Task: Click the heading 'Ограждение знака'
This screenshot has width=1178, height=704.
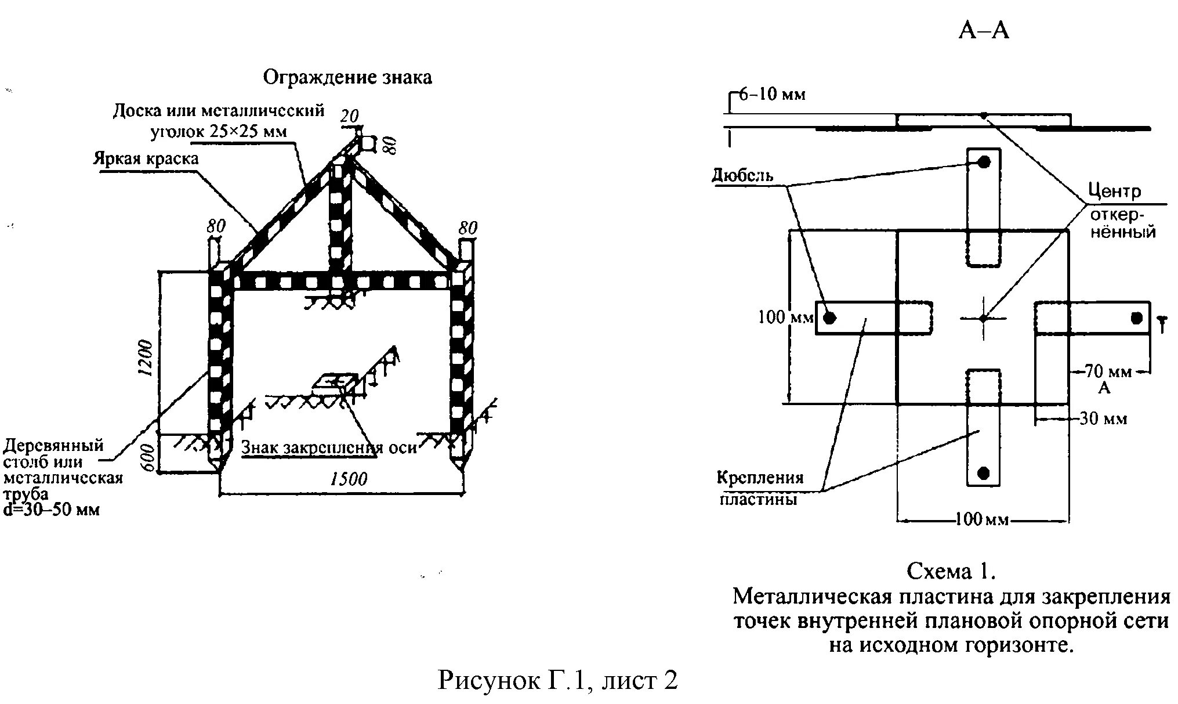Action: [x=347, y=77]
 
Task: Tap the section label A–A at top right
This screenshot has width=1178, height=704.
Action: [x=984, y=30]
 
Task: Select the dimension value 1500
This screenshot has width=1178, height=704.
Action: [x=349, y=479]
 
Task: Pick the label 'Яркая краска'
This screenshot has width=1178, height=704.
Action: [x=146, y=158]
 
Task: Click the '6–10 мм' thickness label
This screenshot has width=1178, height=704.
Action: [x=772, y=95]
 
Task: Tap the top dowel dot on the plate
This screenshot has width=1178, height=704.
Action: [x=984, y=163]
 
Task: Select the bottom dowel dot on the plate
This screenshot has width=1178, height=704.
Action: [x=984, y=472]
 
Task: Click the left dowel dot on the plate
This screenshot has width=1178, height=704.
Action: [x=830, y=317]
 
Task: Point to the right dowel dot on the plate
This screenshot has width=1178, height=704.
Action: [x=1136, y=317]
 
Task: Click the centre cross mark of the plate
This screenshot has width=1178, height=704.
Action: [x=983, y=317]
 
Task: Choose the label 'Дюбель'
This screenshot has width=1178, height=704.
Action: [x=742, y=175]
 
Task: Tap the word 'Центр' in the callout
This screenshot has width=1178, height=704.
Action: [x=1114, y=191]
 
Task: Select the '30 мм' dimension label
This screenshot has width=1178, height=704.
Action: [x=1103, y=418]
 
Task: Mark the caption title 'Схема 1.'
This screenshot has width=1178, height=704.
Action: [x=951, y=571]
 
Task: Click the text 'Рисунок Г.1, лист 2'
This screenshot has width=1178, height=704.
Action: [x=557, y=680]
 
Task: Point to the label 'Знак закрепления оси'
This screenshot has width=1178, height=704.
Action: [x=329, y=447]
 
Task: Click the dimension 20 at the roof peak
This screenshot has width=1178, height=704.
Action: [x=350, y=117]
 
